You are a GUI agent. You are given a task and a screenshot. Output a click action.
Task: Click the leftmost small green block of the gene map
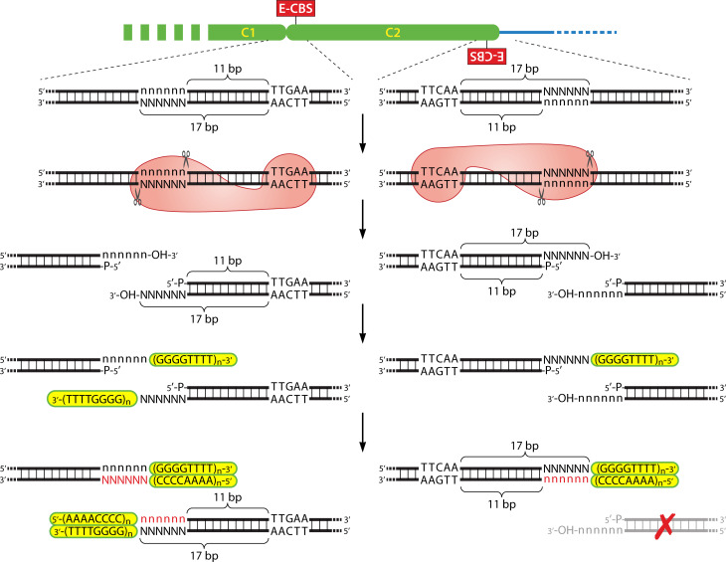127,33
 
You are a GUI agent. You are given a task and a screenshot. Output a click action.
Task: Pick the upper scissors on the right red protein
589,157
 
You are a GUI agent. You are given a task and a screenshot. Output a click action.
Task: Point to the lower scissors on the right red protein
542,199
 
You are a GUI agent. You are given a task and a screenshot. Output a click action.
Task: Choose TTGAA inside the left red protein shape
288,170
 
